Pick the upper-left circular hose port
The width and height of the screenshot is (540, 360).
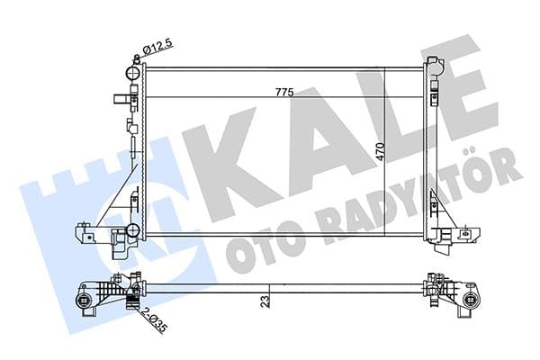tap(134, 71)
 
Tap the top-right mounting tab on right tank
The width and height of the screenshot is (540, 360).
tap(436, 67)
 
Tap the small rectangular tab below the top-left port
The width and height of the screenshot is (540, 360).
tap(120, 101)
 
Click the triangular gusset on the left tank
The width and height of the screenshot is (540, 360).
tap(117, 198)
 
